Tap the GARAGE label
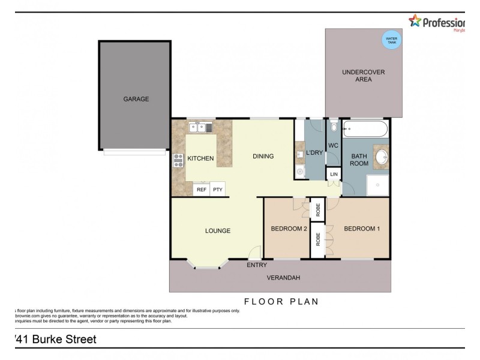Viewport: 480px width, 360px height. point(136,99)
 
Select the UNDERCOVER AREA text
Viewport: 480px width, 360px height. point(363,76)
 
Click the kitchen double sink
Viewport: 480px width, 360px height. point(199,127)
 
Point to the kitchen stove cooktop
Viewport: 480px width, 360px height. point(178,160)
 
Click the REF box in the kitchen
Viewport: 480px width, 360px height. point(202,189)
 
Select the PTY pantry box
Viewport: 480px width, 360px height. point(217,189)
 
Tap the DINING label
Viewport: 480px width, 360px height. point(263,157)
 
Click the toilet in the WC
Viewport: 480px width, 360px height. point(334,127)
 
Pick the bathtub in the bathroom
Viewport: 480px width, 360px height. point(365,129)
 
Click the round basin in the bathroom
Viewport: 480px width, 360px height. point(380,158)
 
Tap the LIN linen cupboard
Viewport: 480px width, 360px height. point(334,175)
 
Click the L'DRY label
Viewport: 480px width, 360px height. point(314,153)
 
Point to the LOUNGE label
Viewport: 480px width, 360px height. point(218,230)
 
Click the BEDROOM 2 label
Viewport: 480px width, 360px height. point(289,229)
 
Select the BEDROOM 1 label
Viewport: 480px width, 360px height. point(361,229)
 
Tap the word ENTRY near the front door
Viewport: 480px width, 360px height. point(257,265)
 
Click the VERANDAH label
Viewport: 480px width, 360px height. point(283,277)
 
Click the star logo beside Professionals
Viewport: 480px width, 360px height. point(415,22)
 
